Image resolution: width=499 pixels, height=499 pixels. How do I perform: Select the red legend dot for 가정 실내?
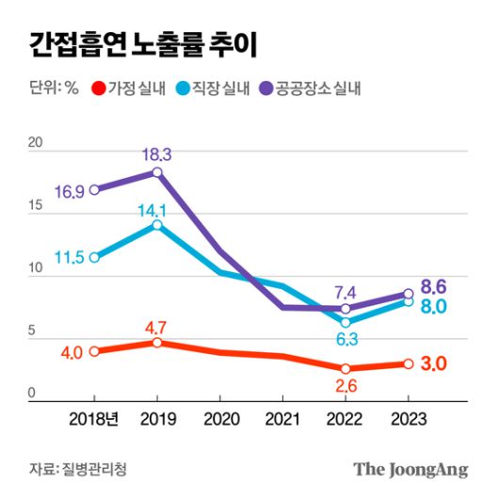(x=97, y=89)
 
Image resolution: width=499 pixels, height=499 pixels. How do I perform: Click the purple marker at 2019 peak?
(x=157, y=172)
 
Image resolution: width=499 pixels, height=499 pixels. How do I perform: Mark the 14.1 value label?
(x=155, y=210)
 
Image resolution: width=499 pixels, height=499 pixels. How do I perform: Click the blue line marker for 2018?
(x=94, y=257)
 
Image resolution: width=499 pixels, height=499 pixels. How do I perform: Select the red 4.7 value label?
(x=155, y=328)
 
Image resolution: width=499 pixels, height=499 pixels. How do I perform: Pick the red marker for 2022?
(x=346, y=368)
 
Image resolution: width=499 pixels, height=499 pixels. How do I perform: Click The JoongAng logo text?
(x=410, y=468)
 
